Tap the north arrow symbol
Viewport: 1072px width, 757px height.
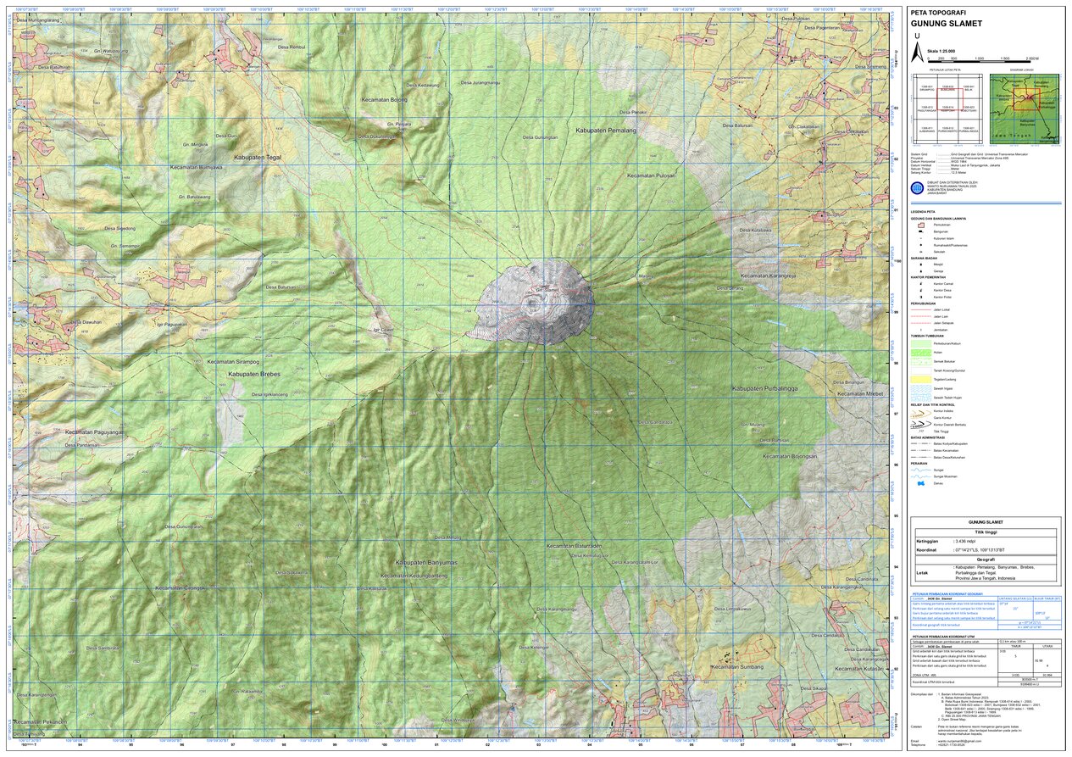point(916,53)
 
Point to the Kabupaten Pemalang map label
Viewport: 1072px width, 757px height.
point(605,131)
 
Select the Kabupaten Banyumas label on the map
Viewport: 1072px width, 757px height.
point(425,562)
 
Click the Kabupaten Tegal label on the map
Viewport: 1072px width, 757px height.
point(253,158)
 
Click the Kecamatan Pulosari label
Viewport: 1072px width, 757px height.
point(651,175)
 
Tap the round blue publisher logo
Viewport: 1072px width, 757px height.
point(917,188)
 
